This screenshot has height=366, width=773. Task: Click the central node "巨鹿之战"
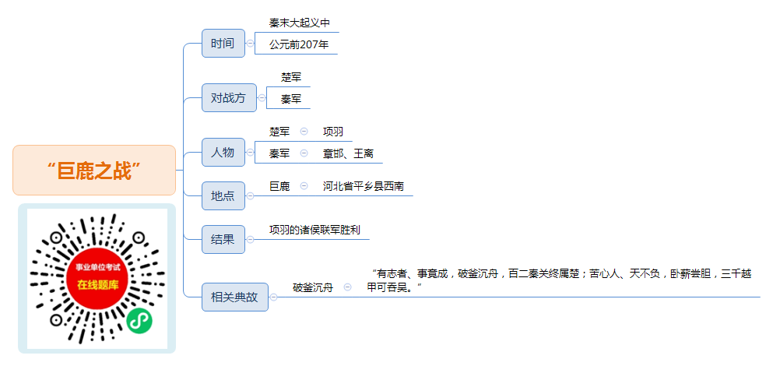pyautogui.click(x=94, y=171)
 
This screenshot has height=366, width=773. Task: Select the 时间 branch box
pyautogui.click(x=223, y=43)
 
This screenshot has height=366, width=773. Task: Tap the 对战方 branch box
pyautogui.click(x=229, y=97)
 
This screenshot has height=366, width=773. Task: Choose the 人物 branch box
pyautogui.click(x=223, y=152)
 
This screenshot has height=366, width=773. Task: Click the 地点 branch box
pyautogui.click(x=223, y=195)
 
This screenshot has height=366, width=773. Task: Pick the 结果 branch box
pyautogui.click(x=223, y=239)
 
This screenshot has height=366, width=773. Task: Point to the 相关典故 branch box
pyautogui.click(x=235, y=297)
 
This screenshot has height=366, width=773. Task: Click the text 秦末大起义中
pyautogui.click(x=299, y=23)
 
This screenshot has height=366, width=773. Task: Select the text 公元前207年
pyautogui.click(x=299, y=45)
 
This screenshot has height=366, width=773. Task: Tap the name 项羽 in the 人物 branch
pyautogui.click(x=333, y=132)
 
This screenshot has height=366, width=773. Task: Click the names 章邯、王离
pyautogui.click(x=348, y=153)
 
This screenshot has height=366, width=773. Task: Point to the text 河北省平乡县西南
pyautogui.click(x=364, y=186)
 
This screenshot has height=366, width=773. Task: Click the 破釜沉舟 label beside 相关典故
pyautogui.click(x=313, y=287)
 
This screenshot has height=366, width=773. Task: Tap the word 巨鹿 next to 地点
pyautogui.click(x=279, y=186)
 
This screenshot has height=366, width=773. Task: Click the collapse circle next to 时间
pyautogui.click(x=251, y=44)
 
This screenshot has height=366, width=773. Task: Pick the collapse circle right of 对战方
pyautogui.click(x=262, y=97)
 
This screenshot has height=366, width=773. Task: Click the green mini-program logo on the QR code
pyautogui.click(x=139, y=321)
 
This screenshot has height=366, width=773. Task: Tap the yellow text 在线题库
pyautogui.click(x=97, y=285)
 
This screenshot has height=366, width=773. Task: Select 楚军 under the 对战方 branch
pyautogui.click(x=291, y=77)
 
